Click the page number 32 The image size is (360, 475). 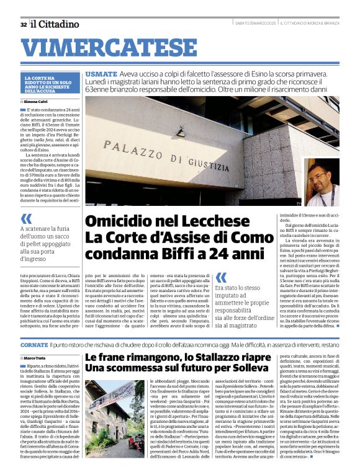[23, 25]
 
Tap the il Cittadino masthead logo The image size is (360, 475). [55, 24]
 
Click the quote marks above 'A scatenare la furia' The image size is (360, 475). [26, 218]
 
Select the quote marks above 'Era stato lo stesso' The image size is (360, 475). [220, 278]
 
